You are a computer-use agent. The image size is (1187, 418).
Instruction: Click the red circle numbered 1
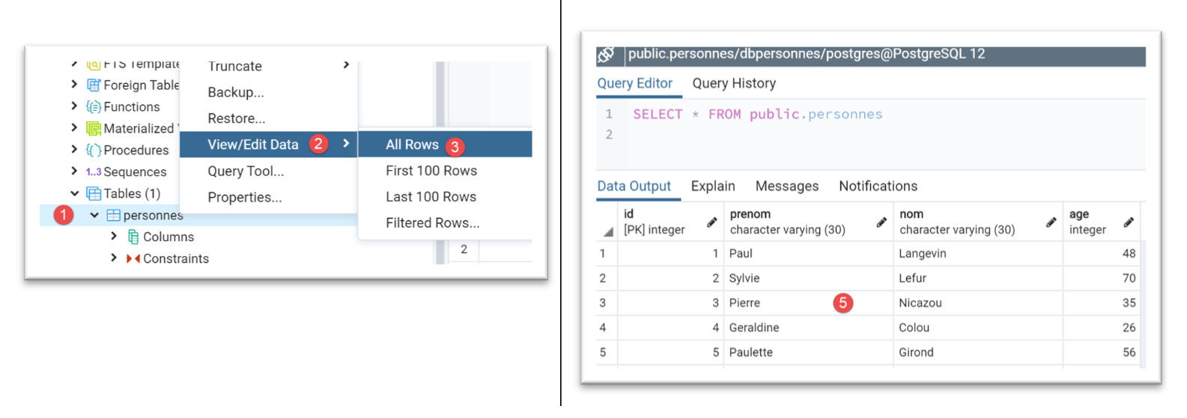point(64,215)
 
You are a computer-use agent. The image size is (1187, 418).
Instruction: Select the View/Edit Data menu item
point(253,145)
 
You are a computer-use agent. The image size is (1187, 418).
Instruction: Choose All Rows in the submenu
point(412,145)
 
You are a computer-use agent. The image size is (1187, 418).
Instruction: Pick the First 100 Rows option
point(431,171)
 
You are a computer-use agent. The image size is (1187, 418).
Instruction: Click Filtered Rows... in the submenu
point(432,223)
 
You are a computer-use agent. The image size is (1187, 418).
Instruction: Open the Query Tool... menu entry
point(246,172)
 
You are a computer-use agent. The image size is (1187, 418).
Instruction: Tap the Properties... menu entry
point(244,198)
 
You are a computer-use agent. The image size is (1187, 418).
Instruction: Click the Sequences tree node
point(135,172)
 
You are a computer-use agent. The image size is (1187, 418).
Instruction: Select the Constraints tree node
point(175,259)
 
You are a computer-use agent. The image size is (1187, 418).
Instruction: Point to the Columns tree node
point(168,237)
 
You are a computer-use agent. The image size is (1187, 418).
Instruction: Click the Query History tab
point(733,84)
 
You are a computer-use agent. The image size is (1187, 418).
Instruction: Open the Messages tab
point(786,187)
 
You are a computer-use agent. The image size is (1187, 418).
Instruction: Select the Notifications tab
point(878,187)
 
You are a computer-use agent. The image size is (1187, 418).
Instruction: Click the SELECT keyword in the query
point(657,115)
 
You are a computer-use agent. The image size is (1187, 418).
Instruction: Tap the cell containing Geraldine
point(754,328)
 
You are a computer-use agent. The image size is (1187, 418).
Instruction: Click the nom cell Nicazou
point(920,303)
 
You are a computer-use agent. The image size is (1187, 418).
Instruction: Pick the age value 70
point(1129,279)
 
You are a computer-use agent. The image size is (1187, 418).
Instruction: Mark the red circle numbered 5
point(843,303)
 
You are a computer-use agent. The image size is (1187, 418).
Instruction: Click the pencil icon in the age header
point(1129,222)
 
